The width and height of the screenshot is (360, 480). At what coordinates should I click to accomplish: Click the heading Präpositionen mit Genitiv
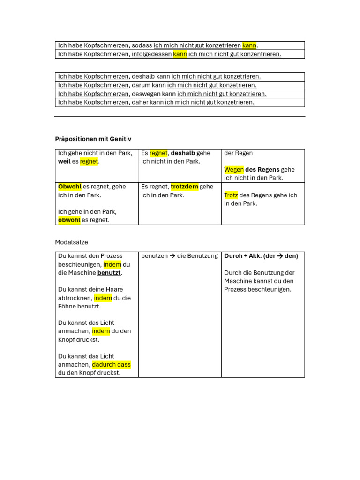pos(93,139)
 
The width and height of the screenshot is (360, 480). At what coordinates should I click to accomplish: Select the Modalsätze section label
pos(71,242)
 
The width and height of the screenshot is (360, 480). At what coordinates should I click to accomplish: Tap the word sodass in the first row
pos(142,45)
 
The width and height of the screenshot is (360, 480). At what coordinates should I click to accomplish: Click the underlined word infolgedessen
pos(152,54)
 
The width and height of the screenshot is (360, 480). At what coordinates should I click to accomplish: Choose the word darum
pos(141,85)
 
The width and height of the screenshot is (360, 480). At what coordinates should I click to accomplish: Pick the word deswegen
pos(146,94)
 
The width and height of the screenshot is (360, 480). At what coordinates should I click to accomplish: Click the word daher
pos(140,102)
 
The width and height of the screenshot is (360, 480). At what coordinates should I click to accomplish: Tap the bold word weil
pos(64,162)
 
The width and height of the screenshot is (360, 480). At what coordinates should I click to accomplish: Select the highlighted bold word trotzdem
pos(184,187)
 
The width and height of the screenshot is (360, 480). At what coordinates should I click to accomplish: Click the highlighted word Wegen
pos(234,170)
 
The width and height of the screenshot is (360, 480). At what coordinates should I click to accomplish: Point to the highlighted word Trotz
pos(231,195)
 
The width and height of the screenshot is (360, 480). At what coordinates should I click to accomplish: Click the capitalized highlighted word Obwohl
pos(69,187)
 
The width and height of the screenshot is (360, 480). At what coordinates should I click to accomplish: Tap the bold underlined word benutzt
pos(109,273)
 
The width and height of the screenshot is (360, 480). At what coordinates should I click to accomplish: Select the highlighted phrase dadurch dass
pos(111,365)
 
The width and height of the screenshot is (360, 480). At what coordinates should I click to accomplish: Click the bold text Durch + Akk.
pos(243,256)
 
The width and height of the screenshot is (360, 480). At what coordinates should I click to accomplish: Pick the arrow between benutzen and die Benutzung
pos(172,256)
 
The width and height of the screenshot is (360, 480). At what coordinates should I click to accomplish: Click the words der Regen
pos(239,153)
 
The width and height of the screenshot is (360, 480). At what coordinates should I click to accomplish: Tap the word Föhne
pos(67,307)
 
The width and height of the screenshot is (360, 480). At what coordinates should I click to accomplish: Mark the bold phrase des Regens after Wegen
pos(262,170)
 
